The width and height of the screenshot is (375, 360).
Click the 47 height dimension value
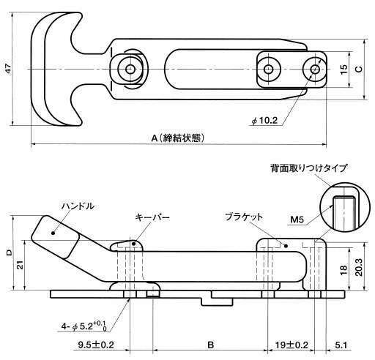9,69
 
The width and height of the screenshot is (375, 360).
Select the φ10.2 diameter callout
264,121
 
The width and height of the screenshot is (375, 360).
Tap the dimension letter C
358,70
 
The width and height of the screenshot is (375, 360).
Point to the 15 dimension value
344,70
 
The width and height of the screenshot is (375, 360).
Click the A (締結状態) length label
178,138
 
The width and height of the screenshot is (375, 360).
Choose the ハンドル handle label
78,206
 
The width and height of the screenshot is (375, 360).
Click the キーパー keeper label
152,217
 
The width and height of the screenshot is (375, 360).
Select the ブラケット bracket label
244,217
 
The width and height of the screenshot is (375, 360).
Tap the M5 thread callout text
297,220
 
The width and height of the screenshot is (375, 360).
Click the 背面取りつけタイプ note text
308,168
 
